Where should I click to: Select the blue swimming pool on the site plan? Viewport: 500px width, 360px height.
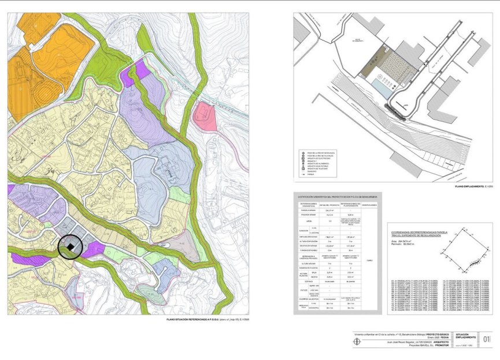click(x=382, y=88)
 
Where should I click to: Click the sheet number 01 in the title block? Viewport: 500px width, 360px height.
click(x=486, y=339)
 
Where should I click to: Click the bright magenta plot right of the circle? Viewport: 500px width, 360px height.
click(x=94, y=250)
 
